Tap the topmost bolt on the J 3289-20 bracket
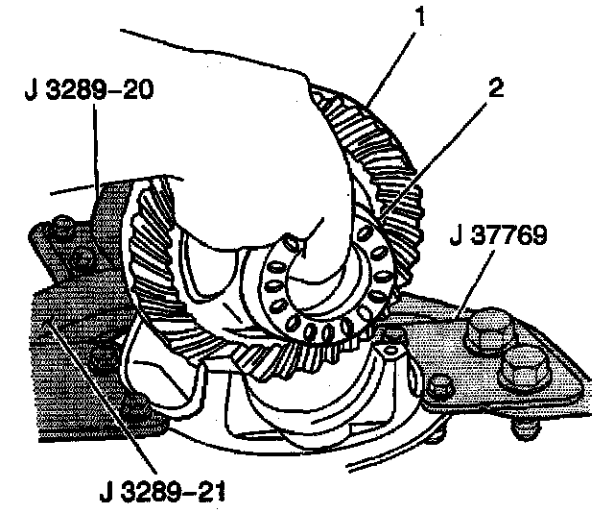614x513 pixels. pos(64,229)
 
